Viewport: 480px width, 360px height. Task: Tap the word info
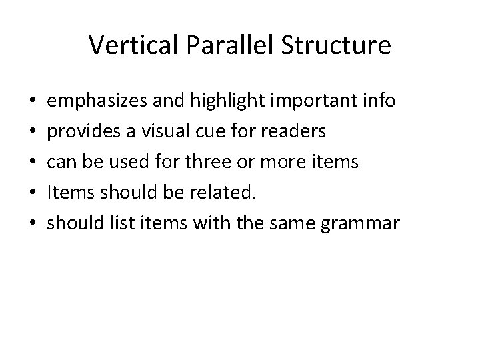click(381, 101)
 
